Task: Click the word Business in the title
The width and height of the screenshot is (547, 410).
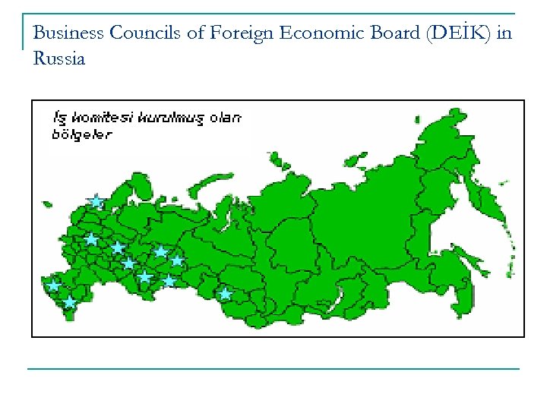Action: [x=68, y=33]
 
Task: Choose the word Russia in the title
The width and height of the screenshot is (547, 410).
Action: [x=59, y=58]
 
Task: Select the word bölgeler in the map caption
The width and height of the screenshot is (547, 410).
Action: [x=81, y=134]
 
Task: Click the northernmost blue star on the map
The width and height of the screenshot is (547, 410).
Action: [x=96, y=201]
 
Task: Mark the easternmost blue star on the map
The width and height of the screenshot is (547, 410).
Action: [x=225, y=293]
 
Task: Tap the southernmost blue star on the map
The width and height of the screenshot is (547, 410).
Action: [x=69, y=302]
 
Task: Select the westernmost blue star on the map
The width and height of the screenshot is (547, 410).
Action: [x=52, y=285]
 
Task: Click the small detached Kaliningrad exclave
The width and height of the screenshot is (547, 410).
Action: [x=47, y=203]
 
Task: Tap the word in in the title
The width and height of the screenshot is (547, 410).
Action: [x=504, y=33]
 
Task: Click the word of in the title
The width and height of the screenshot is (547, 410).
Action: [x=194, y=33]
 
